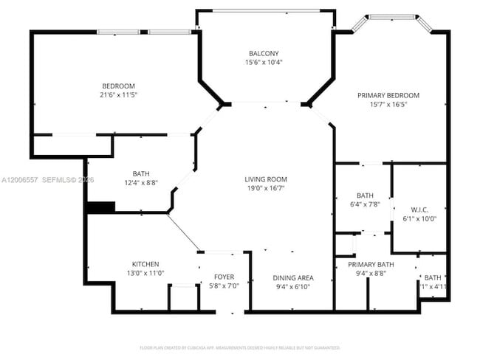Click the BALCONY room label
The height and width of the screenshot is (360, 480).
[264, 53]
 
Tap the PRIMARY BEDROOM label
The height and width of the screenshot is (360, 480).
[388, 95]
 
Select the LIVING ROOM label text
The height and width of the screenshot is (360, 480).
[266, 179]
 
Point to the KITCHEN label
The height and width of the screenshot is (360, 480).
[145, 264]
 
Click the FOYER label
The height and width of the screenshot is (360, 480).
[224, 277]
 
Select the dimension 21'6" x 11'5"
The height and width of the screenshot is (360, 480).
[119, 95]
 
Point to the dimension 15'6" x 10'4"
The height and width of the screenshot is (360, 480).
[264, 63]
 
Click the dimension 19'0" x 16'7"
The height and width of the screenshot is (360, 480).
[266, 189]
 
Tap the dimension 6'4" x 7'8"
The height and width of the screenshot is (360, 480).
[365, 205]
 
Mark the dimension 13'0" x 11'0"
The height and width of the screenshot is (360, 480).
[145, 274]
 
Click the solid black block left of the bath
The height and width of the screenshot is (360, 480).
[100, 207]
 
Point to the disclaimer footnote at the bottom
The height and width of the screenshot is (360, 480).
[239, 347]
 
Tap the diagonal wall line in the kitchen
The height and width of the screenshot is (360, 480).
[183, 232]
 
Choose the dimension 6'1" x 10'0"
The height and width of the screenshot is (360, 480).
[419, 218]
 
